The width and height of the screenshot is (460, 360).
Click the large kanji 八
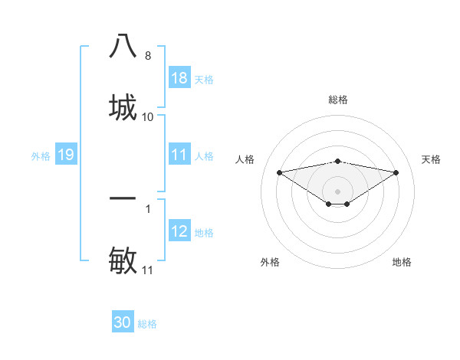click(123, 46)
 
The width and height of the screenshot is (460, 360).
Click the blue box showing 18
click(179, 78)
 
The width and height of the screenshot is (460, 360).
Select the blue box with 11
click(179, 155)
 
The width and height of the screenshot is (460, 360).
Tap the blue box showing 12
click(179, 231)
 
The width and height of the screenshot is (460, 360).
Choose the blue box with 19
click(66, 155)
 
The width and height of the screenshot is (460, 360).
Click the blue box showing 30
click(123, 322)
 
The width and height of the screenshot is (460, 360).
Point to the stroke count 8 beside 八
click(148, 56)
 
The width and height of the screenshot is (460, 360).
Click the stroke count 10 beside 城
click(148, 116)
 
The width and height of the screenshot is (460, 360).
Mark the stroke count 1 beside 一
click(148, 208)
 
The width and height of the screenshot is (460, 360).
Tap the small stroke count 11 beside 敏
click(148, 270)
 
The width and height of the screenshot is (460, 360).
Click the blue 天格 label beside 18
click(204, 79)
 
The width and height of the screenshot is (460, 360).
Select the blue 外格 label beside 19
click(41, 155)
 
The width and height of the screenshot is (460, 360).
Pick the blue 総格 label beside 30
click(147, 323)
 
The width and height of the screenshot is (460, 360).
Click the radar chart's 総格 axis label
click(338, 100)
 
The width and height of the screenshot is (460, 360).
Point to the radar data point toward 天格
click(396, 172)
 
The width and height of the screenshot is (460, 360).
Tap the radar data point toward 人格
click(279, 172)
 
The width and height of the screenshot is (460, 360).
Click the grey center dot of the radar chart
click(338, 191)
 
